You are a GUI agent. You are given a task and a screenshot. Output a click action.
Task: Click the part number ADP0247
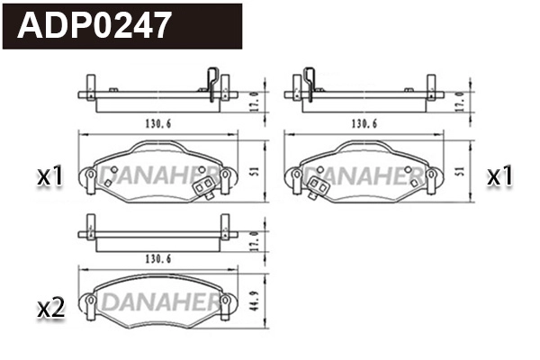94,25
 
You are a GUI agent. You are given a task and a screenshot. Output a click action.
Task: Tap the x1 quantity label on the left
50,177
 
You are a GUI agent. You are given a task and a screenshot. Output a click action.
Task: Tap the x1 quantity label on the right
499,176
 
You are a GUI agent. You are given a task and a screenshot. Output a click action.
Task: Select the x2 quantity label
50,309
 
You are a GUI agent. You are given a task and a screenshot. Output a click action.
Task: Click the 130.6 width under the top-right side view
364,123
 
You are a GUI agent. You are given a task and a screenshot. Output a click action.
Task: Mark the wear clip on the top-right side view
310,82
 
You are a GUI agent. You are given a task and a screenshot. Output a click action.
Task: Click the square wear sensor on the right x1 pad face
318,188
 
